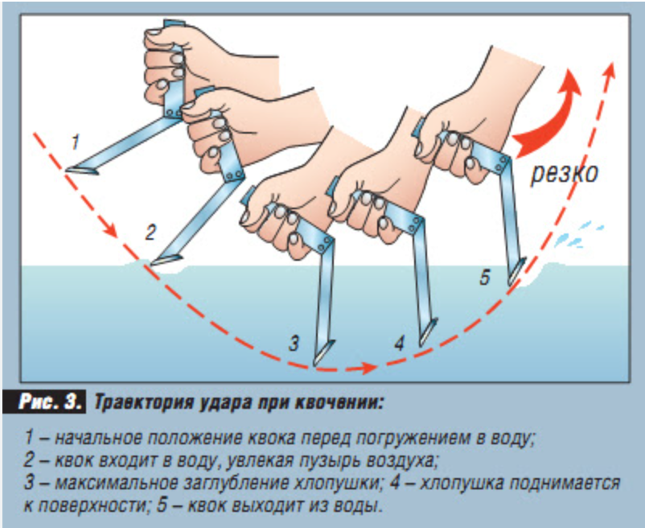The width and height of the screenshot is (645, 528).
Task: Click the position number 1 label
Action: pos(75,142)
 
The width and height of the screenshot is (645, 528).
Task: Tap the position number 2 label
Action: pos(150,233)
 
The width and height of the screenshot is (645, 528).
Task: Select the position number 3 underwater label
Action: pos(294,344)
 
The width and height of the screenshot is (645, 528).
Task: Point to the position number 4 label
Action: pos(400,344)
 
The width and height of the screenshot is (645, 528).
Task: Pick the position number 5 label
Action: pos(485,278)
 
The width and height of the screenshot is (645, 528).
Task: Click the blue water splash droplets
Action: pos(578,236)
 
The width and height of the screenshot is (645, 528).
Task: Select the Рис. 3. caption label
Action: pos(49,402)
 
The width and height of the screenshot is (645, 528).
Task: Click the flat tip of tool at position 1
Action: pos(82,170)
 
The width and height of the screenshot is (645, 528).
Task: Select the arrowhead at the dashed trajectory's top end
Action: pos(610,70)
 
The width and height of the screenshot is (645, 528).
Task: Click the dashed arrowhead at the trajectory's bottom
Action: pos(368,368)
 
